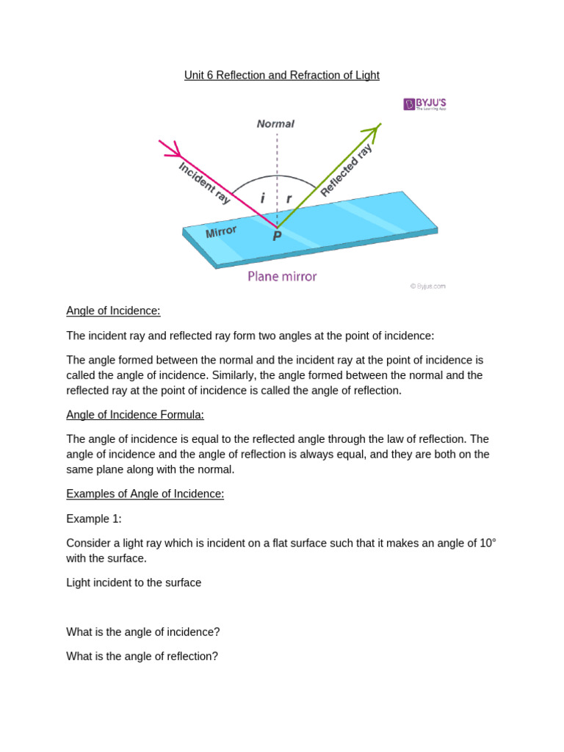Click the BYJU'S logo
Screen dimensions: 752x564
pos(424,104)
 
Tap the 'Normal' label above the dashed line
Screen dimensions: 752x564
pos(275,124)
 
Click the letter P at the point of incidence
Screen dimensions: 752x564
pos(277,236)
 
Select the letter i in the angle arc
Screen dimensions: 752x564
pos(262,198)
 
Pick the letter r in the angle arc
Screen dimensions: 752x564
pos(289,198)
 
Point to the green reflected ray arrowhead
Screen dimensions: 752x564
pos(374,131)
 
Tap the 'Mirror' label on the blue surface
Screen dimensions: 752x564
pos(221,232)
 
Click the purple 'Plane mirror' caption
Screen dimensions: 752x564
pos(282,277)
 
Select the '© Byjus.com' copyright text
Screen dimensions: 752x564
pos(427,286)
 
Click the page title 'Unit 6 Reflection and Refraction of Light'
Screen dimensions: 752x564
pos(282,76)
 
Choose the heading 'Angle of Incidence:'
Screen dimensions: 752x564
pos(113,311)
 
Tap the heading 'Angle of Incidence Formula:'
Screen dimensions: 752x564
pos(135,415)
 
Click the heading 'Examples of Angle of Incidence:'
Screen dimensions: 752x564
pos(145,494)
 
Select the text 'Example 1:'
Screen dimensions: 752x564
pos(94,518)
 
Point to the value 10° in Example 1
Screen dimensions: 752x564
pos(488,543)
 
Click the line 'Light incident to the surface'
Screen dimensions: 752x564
pos(134,583)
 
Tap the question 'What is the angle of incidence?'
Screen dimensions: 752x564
pos(143,632)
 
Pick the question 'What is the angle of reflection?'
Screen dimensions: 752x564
pos(142,657)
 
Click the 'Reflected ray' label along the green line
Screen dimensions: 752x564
pos(346,170)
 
